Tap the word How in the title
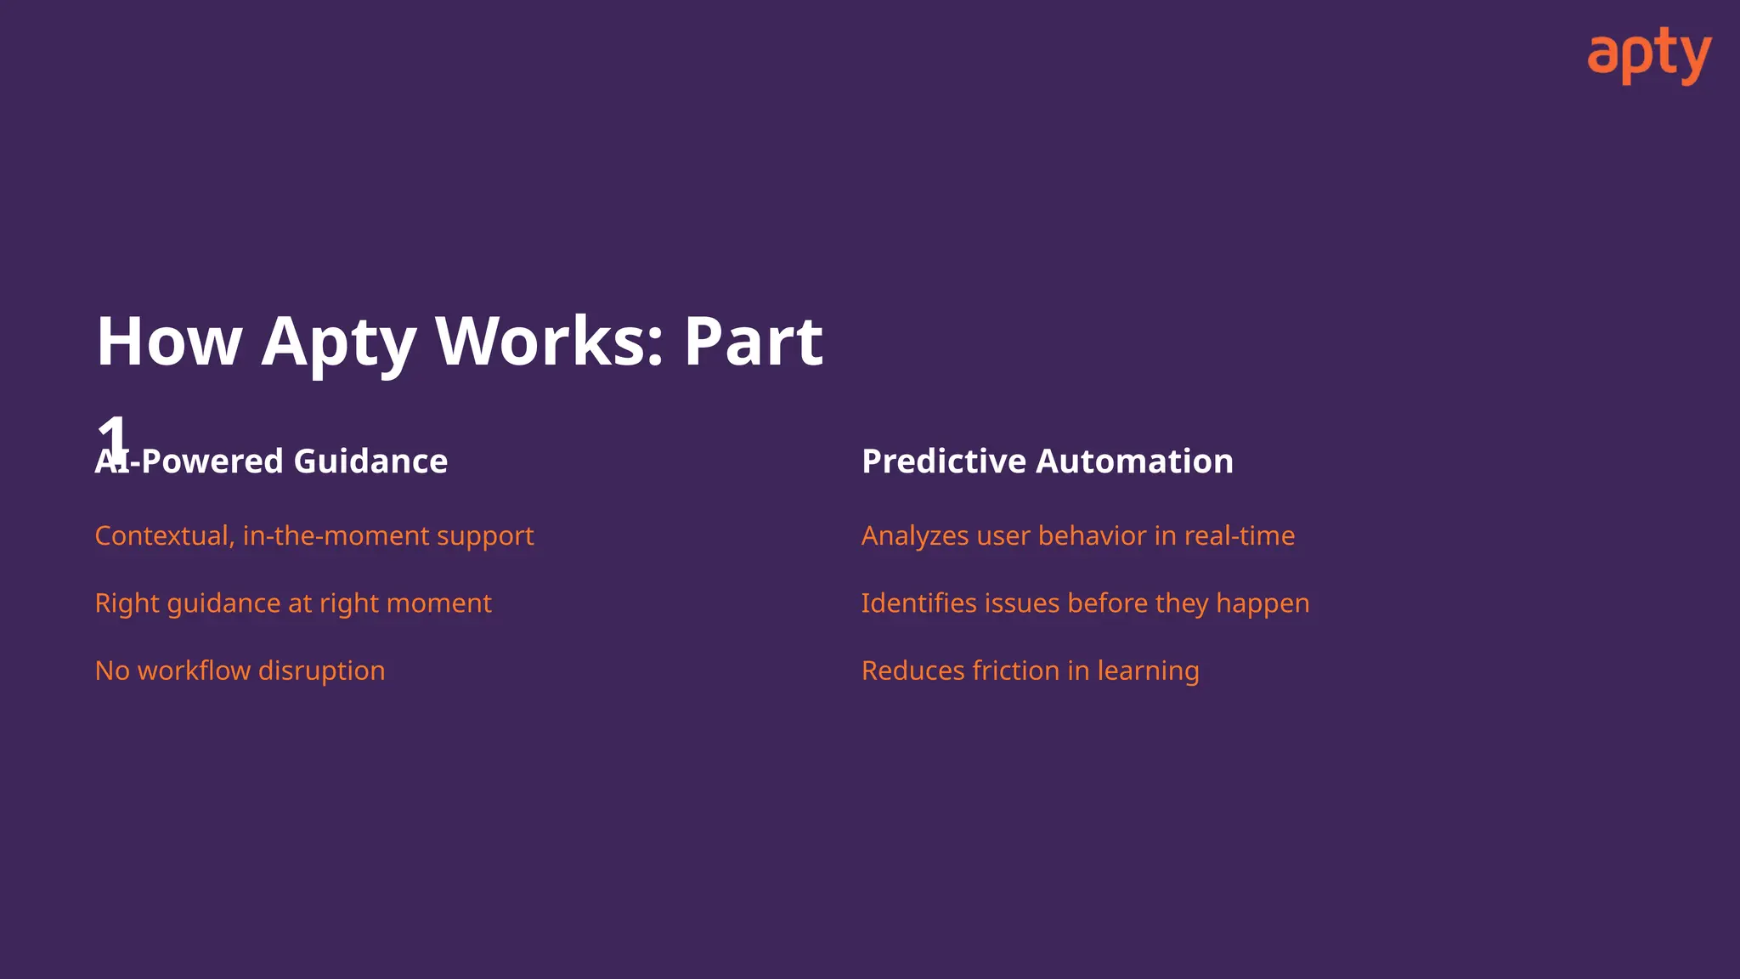pyautogui.click(x=169, y=342)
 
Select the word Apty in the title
pyautogui.click(x=338, y=342)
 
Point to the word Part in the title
pyautogui.click(x=753, y=342)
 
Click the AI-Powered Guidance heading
pyautogui.click(x=272, y=461)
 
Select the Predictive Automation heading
pyautogui.click(x=1047, y=461)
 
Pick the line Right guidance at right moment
pyautogui.click(x=293, y=603)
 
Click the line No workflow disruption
pyautogui.click(x=240, y=671)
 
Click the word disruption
pyautogui.click(x=321, y=671)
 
